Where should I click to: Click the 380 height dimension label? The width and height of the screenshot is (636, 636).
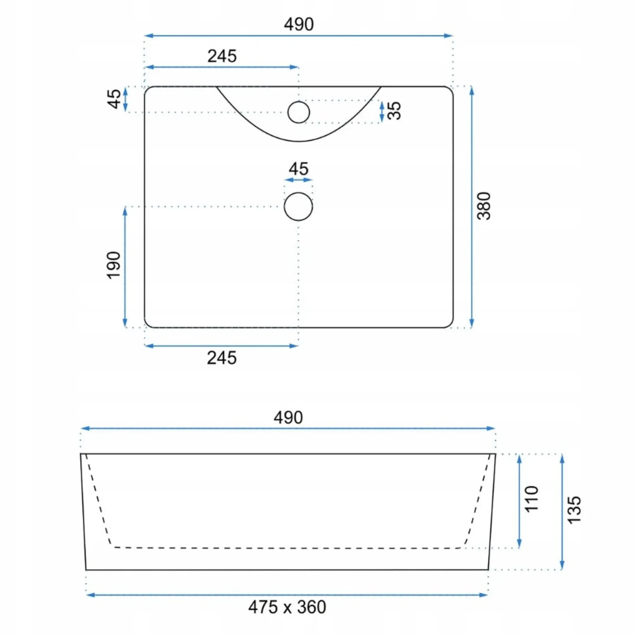coord(484,206)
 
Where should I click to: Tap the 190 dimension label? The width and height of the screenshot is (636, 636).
coord(114,265)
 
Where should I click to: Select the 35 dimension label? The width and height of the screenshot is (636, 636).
coord(394,111)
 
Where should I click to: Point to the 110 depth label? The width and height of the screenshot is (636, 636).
coord(532,499)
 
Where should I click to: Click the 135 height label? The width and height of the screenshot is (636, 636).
coord(574,510)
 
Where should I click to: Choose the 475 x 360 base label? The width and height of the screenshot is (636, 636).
coord(287,607)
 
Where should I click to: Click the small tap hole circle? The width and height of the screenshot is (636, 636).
coord(298,112)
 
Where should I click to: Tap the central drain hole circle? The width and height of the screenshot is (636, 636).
coord(298,207)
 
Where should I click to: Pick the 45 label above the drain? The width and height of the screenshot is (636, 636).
coord(298,169)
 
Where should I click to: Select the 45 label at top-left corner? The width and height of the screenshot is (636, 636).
coord(114,99)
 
